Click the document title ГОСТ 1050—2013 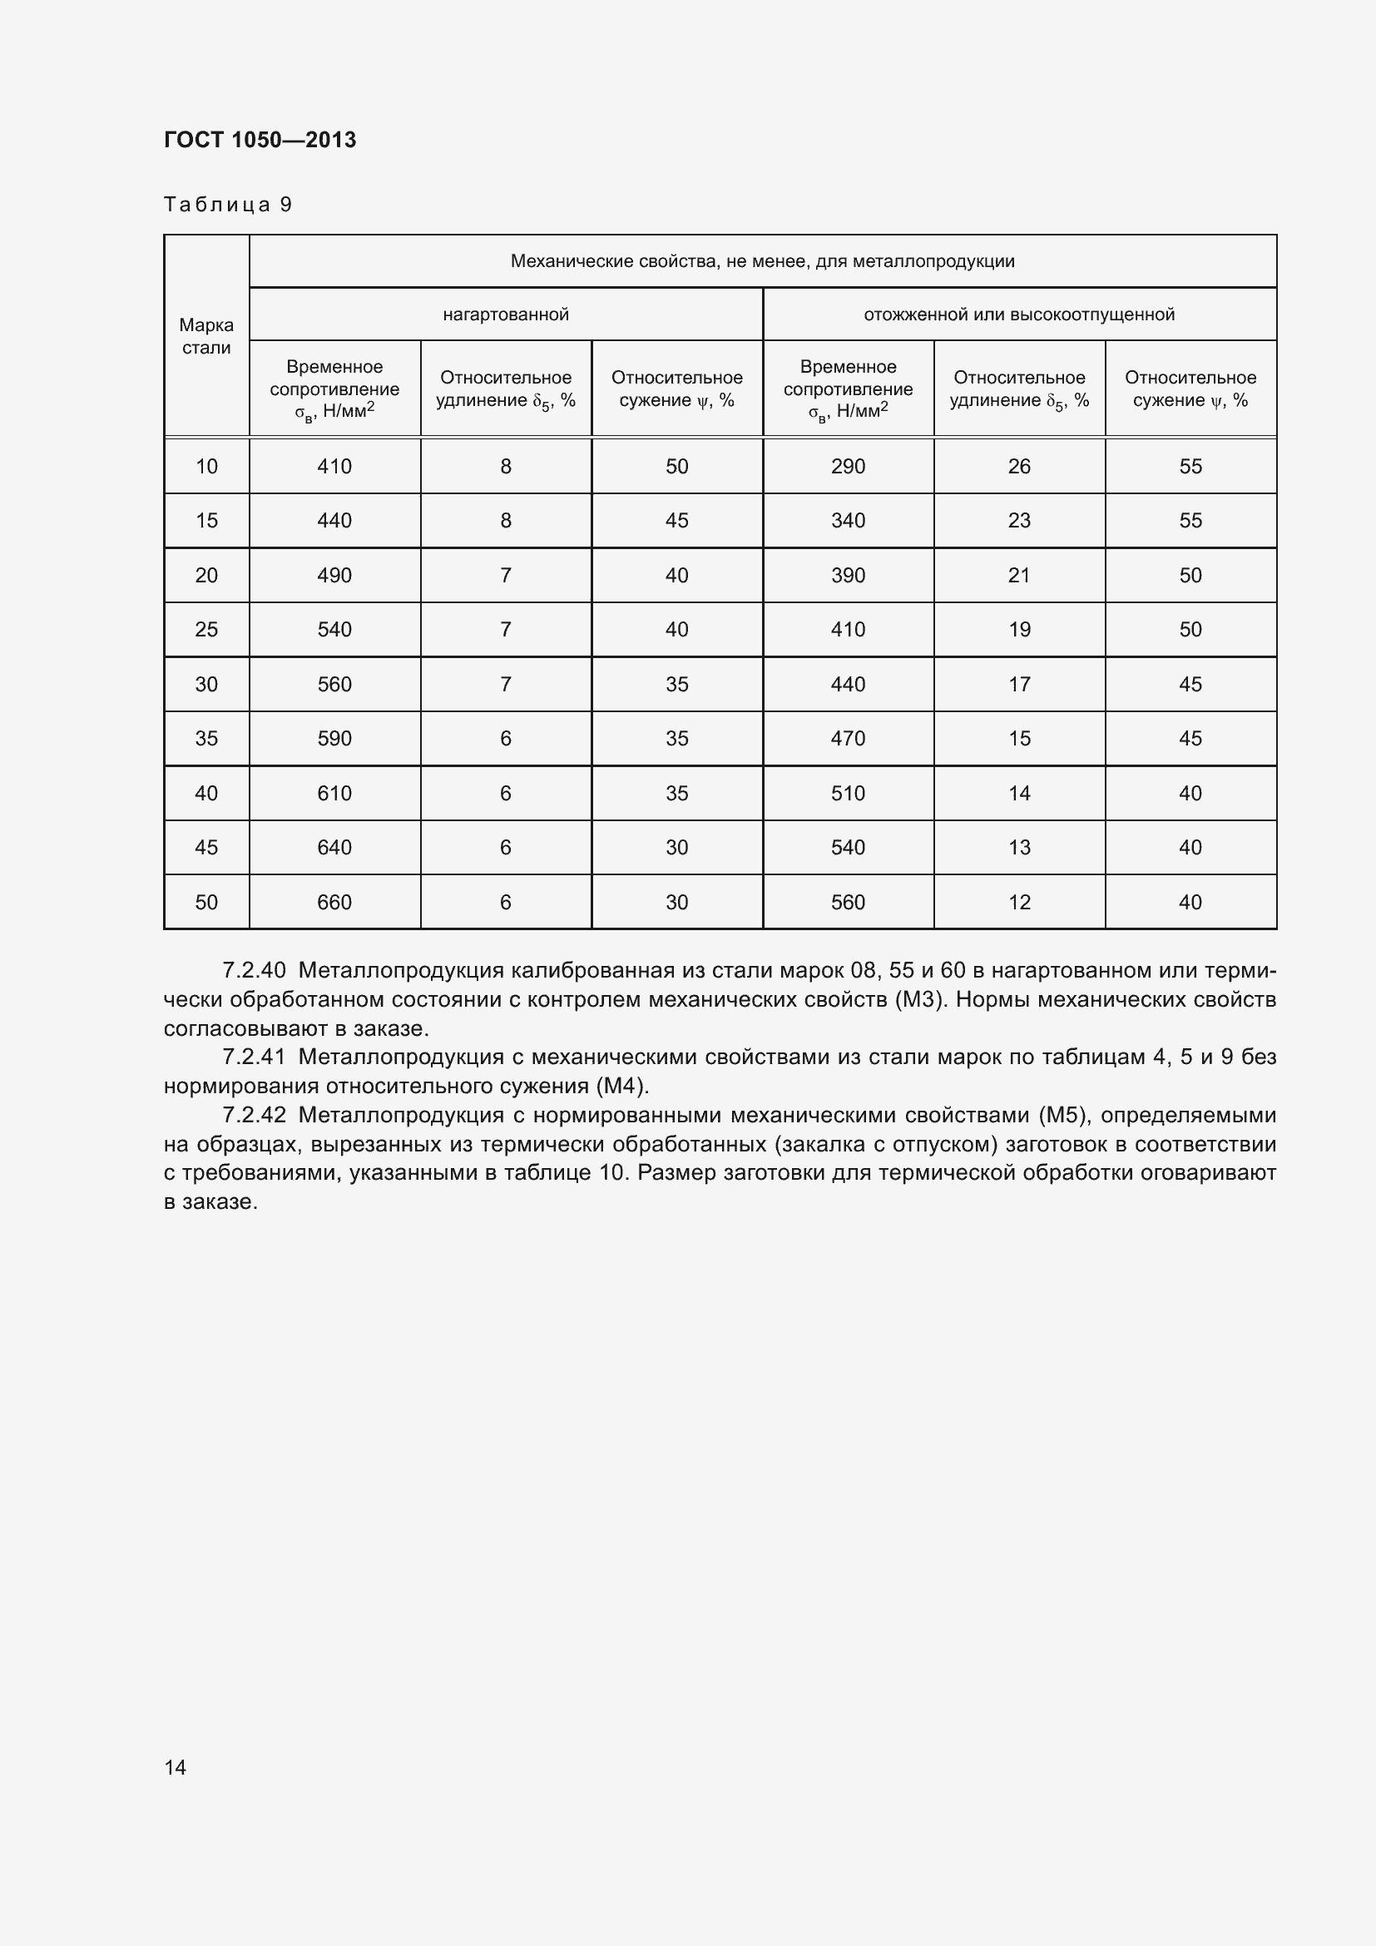point(260,140)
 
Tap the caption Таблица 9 point(227,205)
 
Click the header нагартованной point(506,314)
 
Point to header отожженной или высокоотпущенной point(1018,314)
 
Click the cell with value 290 point(847,466)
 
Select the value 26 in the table point(1018,466)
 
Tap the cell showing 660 point(334,902)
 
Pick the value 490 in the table point(334,576)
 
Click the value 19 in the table point(1018,630)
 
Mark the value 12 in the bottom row point(1018,902)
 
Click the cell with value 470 point(847,738)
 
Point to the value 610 point(334,794)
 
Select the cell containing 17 point(1018,684)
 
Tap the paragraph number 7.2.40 point(254,970)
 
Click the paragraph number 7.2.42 point(254,1116)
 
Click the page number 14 point(175,1767)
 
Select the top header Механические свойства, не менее point(762,261)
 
